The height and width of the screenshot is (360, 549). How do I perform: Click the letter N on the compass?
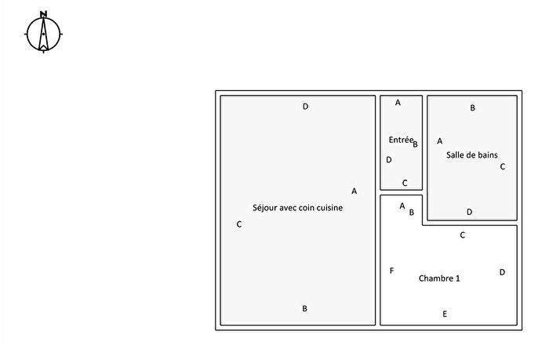[x=43, y=14]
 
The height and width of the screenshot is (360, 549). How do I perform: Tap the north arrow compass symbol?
[x=43, y=32]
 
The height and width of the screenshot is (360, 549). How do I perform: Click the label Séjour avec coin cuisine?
[x=297, y=208]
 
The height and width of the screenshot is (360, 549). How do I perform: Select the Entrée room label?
[x=401, y=140]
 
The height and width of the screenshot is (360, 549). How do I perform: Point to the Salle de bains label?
[x=471, y=155]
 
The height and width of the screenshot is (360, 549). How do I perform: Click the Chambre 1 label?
[x=439, y=278]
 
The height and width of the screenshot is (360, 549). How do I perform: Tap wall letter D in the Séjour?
[x=305, y=107]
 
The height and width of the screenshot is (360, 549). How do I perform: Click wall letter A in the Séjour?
[x=354, y=191]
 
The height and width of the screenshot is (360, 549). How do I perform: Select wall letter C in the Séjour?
[x=238, y=224]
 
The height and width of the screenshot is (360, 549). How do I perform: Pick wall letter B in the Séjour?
[x=304, y=308]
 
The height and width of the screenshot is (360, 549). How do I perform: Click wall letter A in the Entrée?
[x=398, y=103]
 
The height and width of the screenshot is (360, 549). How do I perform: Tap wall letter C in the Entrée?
[x=405, y=183]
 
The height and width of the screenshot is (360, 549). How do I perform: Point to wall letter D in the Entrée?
[x=389, y=160]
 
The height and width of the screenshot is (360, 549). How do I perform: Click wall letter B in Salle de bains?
[x=472, y=108]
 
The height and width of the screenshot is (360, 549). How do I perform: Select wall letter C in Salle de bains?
[x=503, y=167]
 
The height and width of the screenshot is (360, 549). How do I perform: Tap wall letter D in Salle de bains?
[x=469, y=212]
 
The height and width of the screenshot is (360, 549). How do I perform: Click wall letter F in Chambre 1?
[x=392, y=271]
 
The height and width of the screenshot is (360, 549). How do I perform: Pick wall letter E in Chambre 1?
[x=445, y=314]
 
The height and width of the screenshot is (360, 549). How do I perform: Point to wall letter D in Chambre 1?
[x=502, y=272]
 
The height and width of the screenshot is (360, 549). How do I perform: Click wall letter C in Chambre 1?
[x=462, y=235]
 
